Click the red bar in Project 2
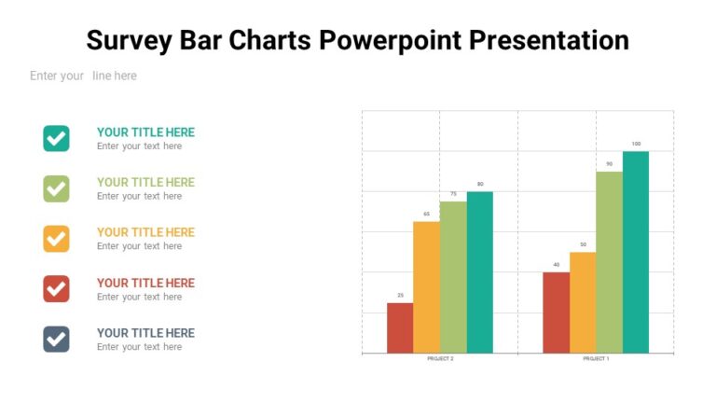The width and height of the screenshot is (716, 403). tap(400, 327)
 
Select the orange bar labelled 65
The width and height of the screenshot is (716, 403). tap(426, 287)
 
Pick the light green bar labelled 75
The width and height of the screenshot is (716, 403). tap(453, 277)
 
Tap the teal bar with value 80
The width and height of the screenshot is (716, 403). tap(479, 272)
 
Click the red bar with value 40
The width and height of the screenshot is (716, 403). tap(556, 313)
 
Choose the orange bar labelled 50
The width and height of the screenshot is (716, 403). tap(583, 302)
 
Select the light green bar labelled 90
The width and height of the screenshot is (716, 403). tap(609, 262)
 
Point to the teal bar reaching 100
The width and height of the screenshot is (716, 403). tap(636, 252)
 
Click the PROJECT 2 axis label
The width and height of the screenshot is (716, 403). tap(440, 359)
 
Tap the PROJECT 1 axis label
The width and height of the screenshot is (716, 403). tap(596, 359)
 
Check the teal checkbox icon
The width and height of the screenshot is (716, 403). tap(56, 138)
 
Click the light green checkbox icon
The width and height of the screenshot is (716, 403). tap(56, 188)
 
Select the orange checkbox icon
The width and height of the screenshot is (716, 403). tap(56, 239)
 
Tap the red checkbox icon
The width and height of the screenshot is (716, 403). tap(56, 289)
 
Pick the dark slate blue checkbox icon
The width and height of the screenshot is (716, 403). tap(56, 340)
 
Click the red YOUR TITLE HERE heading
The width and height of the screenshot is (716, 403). tap(145, 283)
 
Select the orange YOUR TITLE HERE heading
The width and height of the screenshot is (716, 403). tap(145, 232)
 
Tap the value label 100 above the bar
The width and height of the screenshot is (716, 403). tap(636, 144)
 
